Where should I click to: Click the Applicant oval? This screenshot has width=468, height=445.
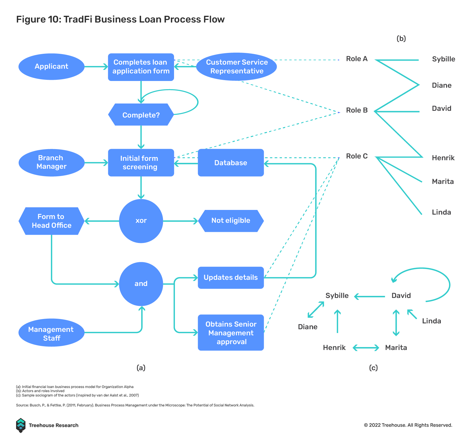click(x=51, y=67)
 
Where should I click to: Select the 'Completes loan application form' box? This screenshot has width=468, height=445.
click(x=141, y=67)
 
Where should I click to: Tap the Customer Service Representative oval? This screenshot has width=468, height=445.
click(x=237, y=67)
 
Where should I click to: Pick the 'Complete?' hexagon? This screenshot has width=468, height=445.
click(x=141, y=115)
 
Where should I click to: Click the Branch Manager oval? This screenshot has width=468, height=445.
click(x=51, y=163)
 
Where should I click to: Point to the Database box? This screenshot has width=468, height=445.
click(x=231, y=163)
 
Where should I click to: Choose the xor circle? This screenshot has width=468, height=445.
click(x=141, y=221)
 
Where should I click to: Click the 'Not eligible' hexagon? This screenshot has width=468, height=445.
click(x=231, y=221)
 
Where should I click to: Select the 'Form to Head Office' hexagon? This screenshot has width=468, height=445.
click(x=51, y=221)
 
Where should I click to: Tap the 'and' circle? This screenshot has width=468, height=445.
click(x=141, y=284)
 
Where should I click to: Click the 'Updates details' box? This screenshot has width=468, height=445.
click(x=231, y=277)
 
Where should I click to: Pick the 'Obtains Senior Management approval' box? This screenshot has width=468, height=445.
click(x=231, y=333)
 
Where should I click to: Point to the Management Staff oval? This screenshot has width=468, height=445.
click(x=51, y=334)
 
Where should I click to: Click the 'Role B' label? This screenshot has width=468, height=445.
click(x=357, y=111)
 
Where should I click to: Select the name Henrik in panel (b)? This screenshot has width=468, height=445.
click(x=443, y=158)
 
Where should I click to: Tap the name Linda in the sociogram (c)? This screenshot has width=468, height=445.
click(x=431, y=321)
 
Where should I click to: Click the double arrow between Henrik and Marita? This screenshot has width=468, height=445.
click(x=366, y=348)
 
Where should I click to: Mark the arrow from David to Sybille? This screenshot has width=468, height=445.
click(x=369, y=296)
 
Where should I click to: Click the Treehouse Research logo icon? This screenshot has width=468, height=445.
click(x=21, y=425)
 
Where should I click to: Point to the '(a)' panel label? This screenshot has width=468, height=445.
click(x=141, y=368)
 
